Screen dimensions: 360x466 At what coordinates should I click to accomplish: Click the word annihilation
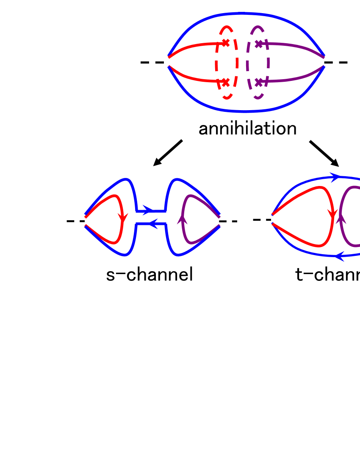pos(247,129)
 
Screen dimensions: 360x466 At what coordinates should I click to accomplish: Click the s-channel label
pos(150,275)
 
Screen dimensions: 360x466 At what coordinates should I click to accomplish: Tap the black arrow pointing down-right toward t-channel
pos(324,153)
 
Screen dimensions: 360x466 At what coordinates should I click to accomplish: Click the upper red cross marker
pos(225,42)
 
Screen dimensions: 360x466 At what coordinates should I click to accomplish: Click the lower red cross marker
pos(225,82)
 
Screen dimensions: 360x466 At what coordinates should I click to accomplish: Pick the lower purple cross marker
pos(259,82)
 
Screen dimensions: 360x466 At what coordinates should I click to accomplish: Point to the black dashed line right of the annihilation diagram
pos(337,63)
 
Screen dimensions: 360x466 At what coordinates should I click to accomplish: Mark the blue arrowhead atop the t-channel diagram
pos(335,177)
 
